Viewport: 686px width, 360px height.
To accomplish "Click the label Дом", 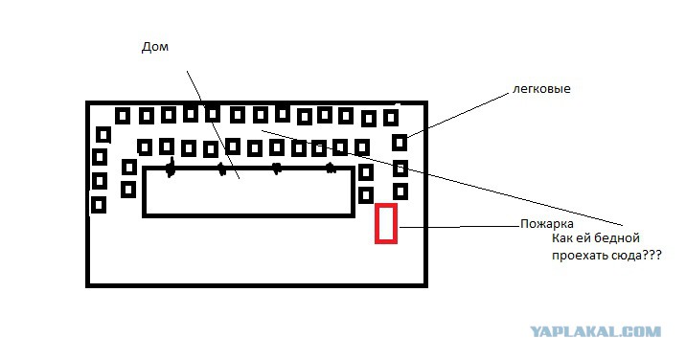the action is click(x=155, y=47).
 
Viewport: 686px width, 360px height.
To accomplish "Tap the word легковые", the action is click(x=541, y=89).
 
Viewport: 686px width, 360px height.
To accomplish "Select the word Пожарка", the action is click(x=547, y=224).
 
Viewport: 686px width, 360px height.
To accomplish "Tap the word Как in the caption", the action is click(x=561, y=238).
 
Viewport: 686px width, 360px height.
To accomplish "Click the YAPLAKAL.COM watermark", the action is click(x=595, y=331).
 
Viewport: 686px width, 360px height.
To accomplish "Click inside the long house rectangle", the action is click(x=248, y=192).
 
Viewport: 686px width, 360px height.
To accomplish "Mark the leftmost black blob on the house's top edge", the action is click(x=171, y=168).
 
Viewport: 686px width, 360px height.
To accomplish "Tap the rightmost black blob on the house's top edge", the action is click(x=332, y=168).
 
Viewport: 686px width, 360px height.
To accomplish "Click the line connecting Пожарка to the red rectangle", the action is click(x=459, y=227).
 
